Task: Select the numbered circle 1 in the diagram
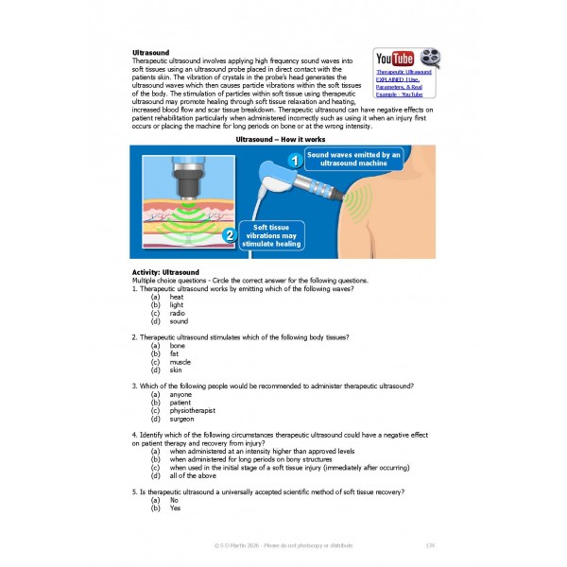294,162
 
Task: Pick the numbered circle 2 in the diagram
228,236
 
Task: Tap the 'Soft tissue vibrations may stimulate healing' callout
272,236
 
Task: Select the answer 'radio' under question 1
177,313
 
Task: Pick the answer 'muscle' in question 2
180,362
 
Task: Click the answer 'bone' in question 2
178,346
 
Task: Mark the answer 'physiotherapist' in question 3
195,411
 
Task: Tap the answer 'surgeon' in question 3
181,419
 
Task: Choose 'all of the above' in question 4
198,475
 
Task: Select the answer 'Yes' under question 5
175,508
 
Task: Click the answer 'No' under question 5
174,500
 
